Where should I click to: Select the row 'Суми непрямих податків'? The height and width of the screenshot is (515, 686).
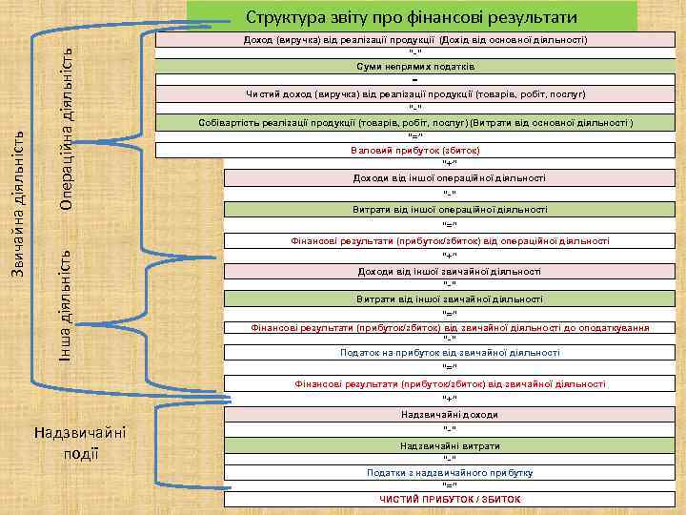pyautogui.click(x=416, y=67)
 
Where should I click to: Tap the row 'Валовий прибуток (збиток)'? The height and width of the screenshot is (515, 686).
pyautogui.click(x=415, y=151)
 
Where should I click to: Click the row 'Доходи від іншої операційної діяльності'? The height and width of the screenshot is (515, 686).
pyautogui.click(x=450, y=177)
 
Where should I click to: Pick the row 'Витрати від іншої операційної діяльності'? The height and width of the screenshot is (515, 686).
pyautogui.click(x=450, y=209)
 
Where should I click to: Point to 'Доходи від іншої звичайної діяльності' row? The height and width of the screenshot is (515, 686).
pyautogui.click(x=450, y=271)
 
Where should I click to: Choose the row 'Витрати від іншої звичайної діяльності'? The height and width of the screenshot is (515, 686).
pyautogui.click(x=450, y=299)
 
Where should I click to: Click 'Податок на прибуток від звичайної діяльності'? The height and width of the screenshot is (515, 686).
pyautogui.click(x=450, y=353)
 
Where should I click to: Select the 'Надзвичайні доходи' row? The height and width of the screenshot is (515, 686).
pyautogui.click(x=450, y=415)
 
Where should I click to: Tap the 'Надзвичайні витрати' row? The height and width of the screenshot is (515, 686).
pyautogui.click(x=450, y=446)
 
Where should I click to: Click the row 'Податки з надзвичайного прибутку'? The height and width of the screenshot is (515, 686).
pyautogui.click(x=450, y=473)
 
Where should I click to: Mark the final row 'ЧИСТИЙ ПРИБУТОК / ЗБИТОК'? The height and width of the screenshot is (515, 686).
pyautogui.click(x=450, y=499)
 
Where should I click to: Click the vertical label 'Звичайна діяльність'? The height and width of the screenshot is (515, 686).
pyautogui.click(x=17, y=204)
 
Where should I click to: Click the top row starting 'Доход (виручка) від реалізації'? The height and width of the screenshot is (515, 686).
pyautogui.click(x=416, y=40)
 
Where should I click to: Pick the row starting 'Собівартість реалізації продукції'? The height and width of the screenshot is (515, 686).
pyautogui.click(x=416, y=124)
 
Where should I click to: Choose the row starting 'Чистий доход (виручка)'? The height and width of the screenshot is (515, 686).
pyautogui.click(x=416, y=94)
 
